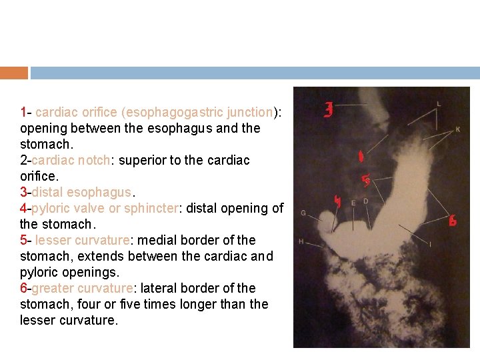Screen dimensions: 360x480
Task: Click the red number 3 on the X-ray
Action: tap(328, 110)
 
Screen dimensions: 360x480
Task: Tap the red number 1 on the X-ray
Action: tap(361, 157)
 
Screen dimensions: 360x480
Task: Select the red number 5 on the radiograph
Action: tap(366, 180)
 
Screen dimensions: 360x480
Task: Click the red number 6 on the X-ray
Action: tap(453, 221)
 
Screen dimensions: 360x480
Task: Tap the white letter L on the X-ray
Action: tap(438, 104)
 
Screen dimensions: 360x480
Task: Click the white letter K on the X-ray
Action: tap(457, 129)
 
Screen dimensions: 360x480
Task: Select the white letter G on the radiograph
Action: tap(303, 213)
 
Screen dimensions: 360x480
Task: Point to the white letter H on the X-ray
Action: tap(301, 241)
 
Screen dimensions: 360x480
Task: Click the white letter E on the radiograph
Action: tap(353, 203)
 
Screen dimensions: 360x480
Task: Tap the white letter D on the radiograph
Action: tap(365, 201)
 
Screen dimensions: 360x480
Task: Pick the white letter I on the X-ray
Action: tap(430, 245)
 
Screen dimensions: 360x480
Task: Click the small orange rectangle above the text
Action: tap(14, 73)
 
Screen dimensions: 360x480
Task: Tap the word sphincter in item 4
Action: tap(151, 208)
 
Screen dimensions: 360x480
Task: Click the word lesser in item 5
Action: tap(52, 240)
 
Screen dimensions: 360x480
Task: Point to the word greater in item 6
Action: tap(51, 288)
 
